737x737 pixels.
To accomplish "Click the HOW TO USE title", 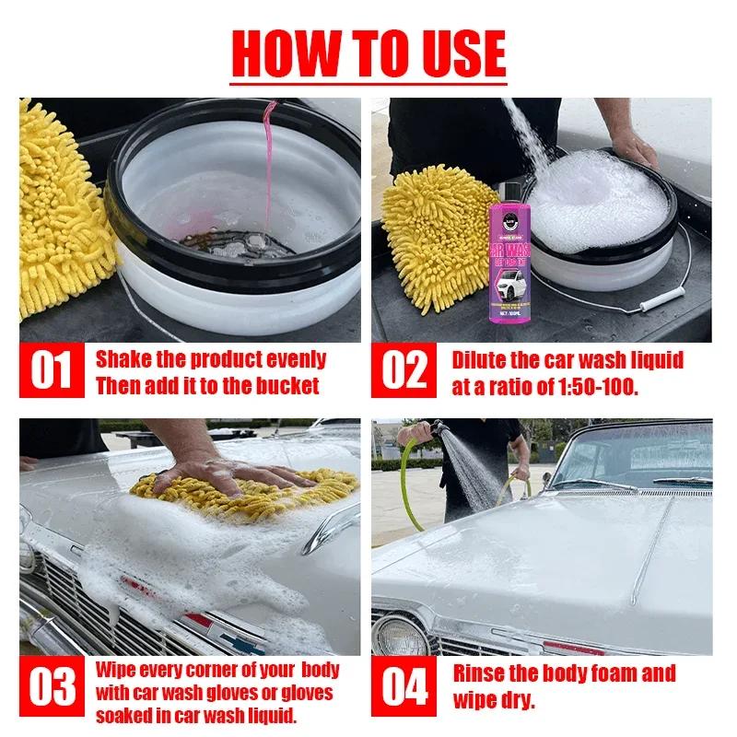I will (368, 53).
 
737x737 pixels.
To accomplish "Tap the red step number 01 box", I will (52, 371).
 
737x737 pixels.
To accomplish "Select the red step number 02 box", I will (404, 371).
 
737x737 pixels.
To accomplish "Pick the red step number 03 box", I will (52, 689).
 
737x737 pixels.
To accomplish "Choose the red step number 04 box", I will (404, 689).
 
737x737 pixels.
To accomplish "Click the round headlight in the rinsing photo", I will (400, 636).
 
